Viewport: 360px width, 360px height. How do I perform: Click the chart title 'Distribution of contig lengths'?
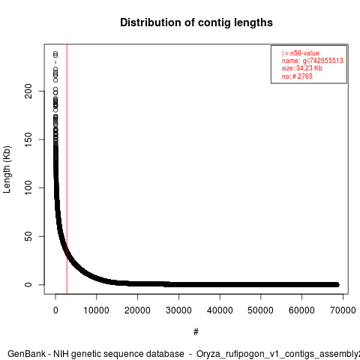pos(196,22)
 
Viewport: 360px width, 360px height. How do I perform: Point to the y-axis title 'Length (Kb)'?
pos(7,169)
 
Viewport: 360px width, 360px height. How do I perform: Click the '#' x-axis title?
pos(196,332)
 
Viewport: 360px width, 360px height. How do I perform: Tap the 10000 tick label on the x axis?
pos(97,310)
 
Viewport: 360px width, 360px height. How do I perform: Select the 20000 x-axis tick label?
pos(137,310)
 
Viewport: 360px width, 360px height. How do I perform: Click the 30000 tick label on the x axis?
pos(178,310)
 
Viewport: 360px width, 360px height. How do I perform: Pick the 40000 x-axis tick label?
pos(220,310)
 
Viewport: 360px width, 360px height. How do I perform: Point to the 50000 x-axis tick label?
pos(261,310)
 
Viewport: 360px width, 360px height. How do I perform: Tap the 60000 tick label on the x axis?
pos(301,310)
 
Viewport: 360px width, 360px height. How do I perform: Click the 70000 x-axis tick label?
pos(343,310)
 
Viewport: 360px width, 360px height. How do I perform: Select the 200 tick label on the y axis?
pos(28,91)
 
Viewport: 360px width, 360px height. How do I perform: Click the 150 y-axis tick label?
pos(28,139)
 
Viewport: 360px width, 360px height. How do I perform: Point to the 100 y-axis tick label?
pos(28,187)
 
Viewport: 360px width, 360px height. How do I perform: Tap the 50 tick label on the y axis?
pos(28,236)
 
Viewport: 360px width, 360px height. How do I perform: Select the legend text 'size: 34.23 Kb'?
pos(302,68)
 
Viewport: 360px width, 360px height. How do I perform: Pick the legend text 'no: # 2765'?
pos(297,76)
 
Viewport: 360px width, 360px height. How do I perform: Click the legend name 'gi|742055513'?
pos(322,61)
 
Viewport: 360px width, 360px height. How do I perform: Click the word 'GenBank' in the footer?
pos(26,354)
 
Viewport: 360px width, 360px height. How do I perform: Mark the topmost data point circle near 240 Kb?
pos(55,54)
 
